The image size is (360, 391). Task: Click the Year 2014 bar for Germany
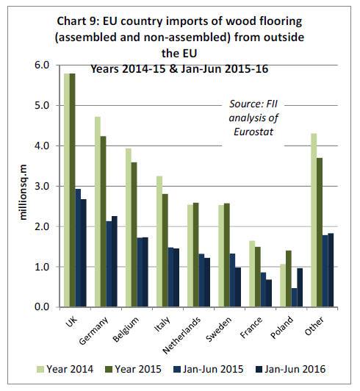[98, 212]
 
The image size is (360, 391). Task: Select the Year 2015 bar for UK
[72, 190]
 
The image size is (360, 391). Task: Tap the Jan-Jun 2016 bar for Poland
[300, 287]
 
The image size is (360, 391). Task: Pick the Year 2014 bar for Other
[314, 220]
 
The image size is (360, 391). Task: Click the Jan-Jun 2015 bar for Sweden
[232, 280]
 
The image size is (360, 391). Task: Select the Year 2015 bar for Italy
[165, 251]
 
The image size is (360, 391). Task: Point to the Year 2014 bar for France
[252, 274]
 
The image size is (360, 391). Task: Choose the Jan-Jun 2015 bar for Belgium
[140, 272]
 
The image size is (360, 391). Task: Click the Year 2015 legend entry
[134, 369]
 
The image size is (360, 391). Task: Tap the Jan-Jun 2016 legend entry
[291, 369]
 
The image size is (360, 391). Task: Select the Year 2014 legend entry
[65, 369]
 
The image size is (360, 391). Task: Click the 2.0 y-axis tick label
[42, 226]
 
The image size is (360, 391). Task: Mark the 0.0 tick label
[42, 307]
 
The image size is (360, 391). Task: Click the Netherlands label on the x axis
[181, 335]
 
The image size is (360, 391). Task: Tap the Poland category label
[282, 327]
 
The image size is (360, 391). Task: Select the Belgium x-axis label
[126, 329]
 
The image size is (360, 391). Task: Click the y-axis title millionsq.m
[23, 192]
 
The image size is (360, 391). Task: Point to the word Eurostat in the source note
[253, 132]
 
